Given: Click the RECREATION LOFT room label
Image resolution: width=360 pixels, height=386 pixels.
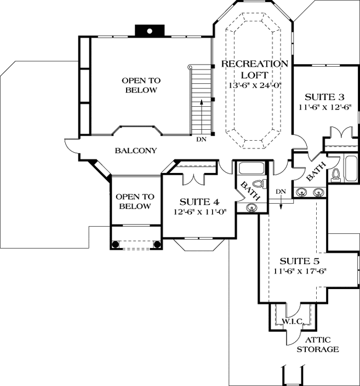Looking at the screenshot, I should pyautogui.click(x=254, y=70).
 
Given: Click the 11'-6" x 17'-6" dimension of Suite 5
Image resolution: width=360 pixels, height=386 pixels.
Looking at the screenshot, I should pyautogui.click(x=299, y=271).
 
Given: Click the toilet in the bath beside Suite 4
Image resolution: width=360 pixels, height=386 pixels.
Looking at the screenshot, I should pyautogui.click(x=261, y=183).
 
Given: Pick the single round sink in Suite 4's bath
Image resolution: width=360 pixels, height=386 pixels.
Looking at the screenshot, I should pyautogui.click(x=252, y=207).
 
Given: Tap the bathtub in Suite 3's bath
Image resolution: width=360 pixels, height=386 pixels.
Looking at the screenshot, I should pyautogui.click(x=351, y=167).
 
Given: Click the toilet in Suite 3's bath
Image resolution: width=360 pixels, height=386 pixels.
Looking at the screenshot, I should pyautogui.click(x=336, y=175).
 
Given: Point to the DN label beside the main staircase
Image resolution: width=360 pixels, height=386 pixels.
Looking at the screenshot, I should pyautogui.click(x=201, y=139).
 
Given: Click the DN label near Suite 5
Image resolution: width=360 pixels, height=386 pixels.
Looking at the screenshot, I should pyautogui.click(x=281, y=191).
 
